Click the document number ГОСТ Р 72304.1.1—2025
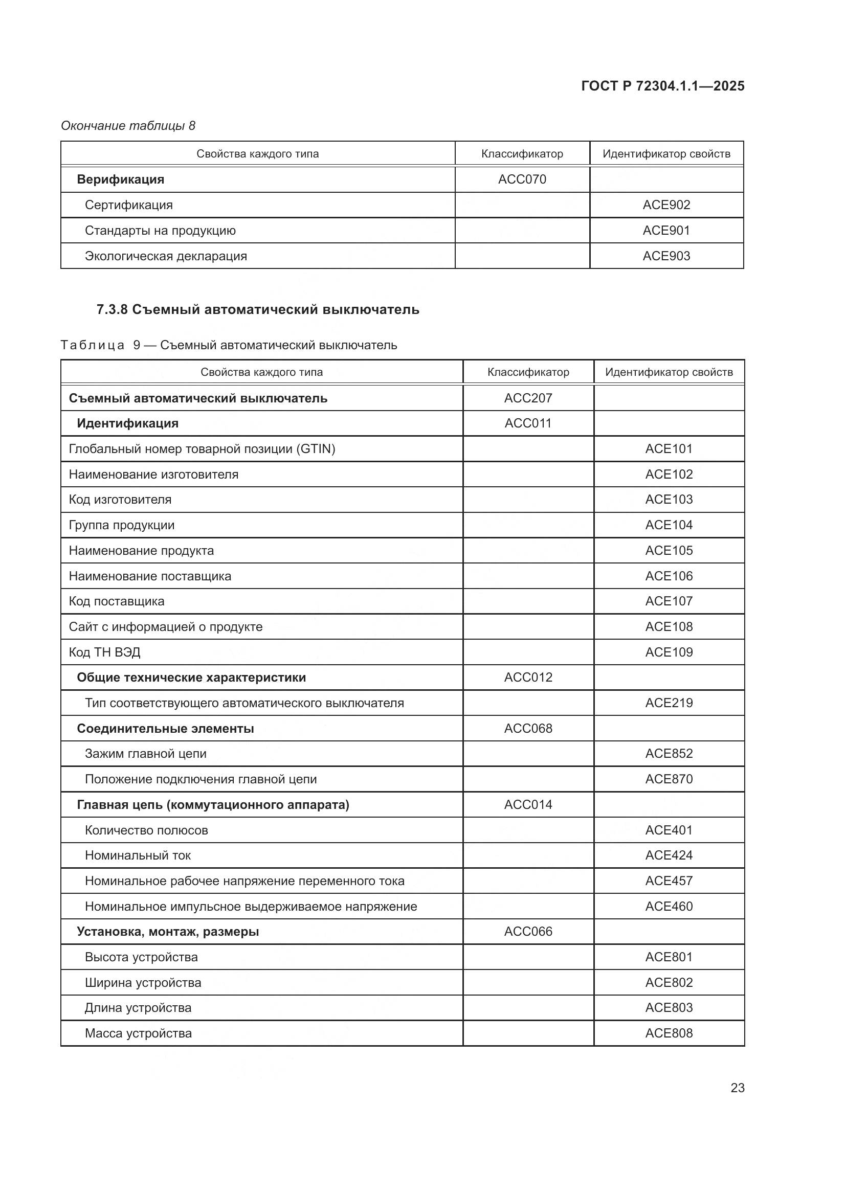coord(662,86)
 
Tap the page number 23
coord(737,1088)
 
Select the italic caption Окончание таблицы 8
coord(128,126)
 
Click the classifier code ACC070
coord(522,179)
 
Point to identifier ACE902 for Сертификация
coord(666,205)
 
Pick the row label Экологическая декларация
coord(166,256)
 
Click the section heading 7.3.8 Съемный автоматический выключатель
coord(258,309)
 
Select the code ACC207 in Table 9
coord(528,398)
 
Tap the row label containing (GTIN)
coord(202,449)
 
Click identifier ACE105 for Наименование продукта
coord(669,551)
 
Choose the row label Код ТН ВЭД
coord(105,652)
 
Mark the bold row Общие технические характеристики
coord(191,678)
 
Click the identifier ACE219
coord(669,703)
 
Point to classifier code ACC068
coord(528,728)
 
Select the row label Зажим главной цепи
coord(145,754)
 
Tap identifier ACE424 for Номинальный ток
coord(669,855)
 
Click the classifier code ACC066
coord(528,931)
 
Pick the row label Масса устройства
coord(138,1033)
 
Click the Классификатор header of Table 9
coord(528,372)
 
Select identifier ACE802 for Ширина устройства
coord(669,982)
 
